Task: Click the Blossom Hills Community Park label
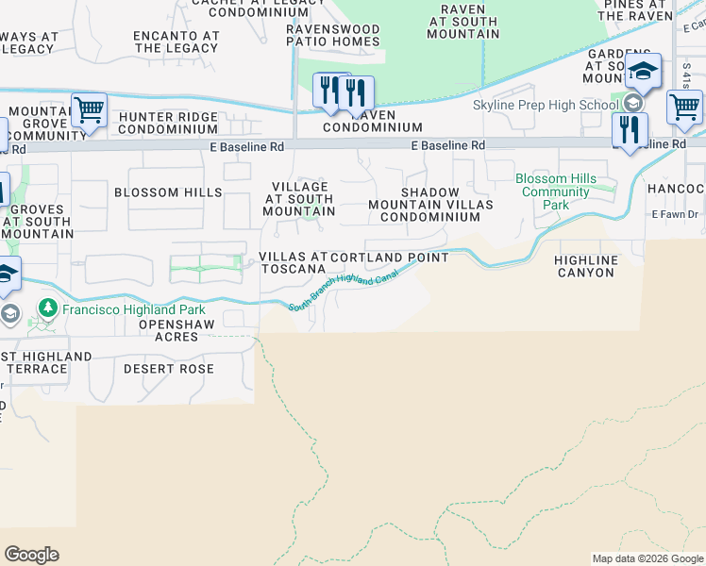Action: [x=556, y=191]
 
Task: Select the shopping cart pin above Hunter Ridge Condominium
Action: [x=89, y=109]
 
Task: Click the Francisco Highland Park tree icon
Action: [x=46, y=309]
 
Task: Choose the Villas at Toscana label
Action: [x=293, y=258]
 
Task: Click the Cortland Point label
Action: [x=389, y=258]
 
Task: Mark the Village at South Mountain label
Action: [x=297, y=199]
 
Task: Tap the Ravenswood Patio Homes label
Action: [x=333, y=36]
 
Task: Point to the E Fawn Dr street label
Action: [x=675, y=215]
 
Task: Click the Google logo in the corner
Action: [x=31, y=555]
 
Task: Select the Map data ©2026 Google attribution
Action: [x=647, y=558]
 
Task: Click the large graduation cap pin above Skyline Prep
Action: [x=643, y=70]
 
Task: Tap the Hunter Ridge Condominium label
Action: [x=168, y=123]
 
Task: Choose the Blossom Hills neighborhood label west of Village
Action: [x=168, y=192]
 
